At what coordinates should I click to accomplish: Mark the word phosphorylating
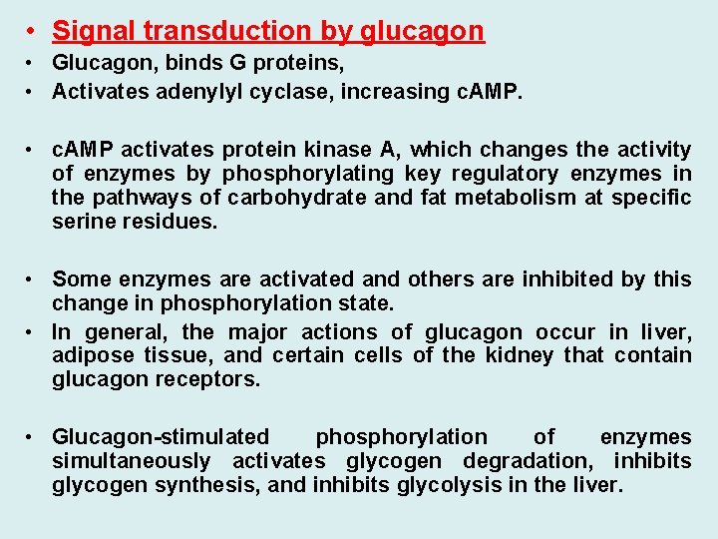pos(294,174)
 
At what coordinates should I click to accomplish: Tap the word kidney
pos(497,355)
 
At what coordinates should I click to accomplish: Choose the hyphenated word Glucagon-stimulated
pos(161,437)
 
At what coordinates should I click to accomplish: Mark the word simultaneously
pos(131,461)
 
